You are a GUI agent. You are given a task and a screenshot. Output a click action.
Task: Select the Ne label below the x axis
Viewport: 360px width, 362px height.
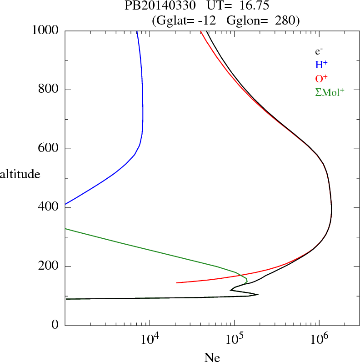pos(212,358)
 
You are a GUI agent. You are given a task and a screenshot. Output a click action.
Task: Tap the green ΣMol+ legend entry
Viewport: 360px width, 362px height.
pos(330,92)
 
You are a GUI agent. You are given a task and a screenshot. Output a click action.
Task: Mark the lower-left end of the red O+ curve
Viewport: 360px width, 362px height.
pos(176,283)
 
